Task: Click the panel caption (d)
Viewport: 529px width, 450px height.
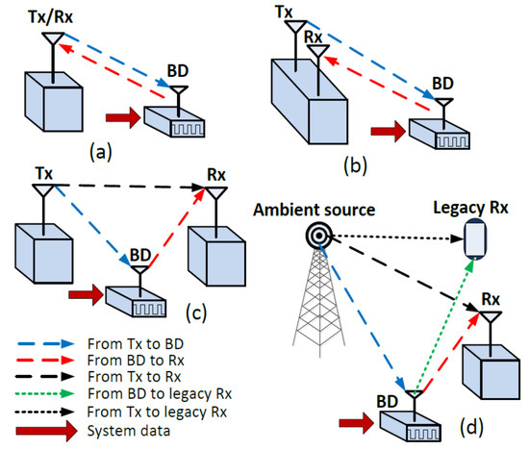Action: [476, 420]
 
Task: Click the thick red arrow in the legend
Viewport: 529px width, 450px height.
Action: [44, 430]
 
